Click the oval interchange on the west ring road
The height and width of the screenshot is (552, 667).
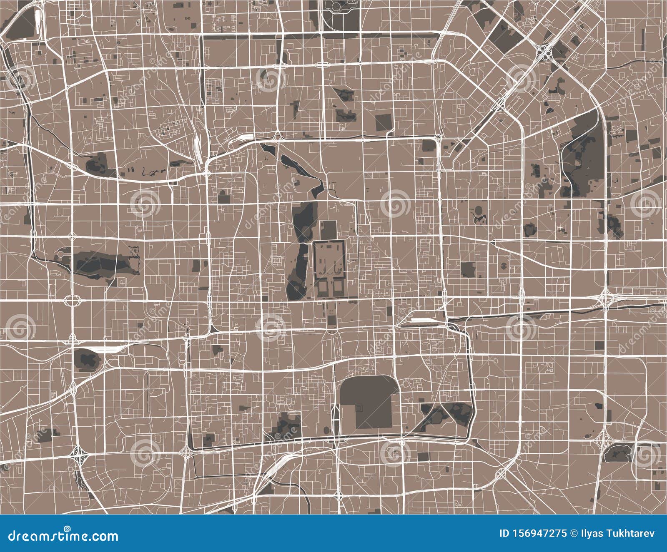point(72,300)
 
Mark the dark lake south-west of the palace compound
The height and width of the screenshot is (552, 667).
point(299,275)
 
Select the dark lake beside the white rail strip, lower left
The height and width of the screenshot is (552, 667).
point(87,359)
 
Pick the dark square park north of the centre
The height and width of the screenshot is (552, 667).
point(383,122)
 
